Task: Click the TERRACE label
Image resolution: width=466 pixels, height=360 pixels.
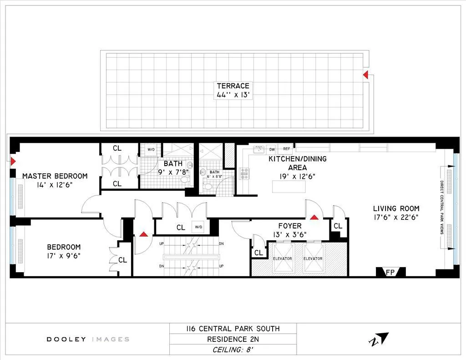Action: pos(233,86)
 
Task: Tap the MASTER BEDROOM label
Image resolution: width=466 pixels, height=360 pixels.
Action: pos(55,176)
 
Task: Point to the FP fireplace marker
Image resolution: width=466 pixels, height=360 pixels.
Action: pos(390,273)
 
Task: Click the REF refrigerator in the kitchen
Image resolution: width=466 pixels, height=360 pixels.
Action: pos(287,149)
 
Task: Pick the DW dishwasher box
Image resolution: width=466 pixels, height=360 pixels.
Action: pos(272,149)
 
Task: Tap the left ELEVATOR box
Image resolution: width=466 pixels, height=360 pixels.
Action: pos(282,258)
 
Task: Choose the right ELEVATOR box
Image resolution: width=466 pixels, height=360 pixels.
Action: pos(313,258)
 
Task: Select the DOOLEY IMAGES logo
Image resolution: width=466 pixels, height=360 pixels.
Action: pos(88,339)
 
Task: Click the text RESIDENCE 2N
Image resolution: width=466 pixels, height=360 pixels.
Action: pos(233,339)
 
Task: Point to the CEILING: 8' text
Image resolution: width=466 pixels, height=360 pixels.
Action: pos(233,350)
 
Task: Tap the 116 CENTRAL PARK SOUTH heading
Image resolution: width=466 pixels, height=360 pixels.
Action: pos(233,329)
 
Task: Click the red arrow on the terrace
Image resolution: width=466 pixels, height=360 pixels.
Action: pos(365,75)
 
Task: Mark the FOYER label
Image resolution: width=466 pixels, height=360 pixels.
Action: pos(290,226)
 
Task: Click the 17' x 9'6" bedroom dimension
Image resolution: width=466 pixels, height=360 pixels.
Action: pos(64,256)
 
